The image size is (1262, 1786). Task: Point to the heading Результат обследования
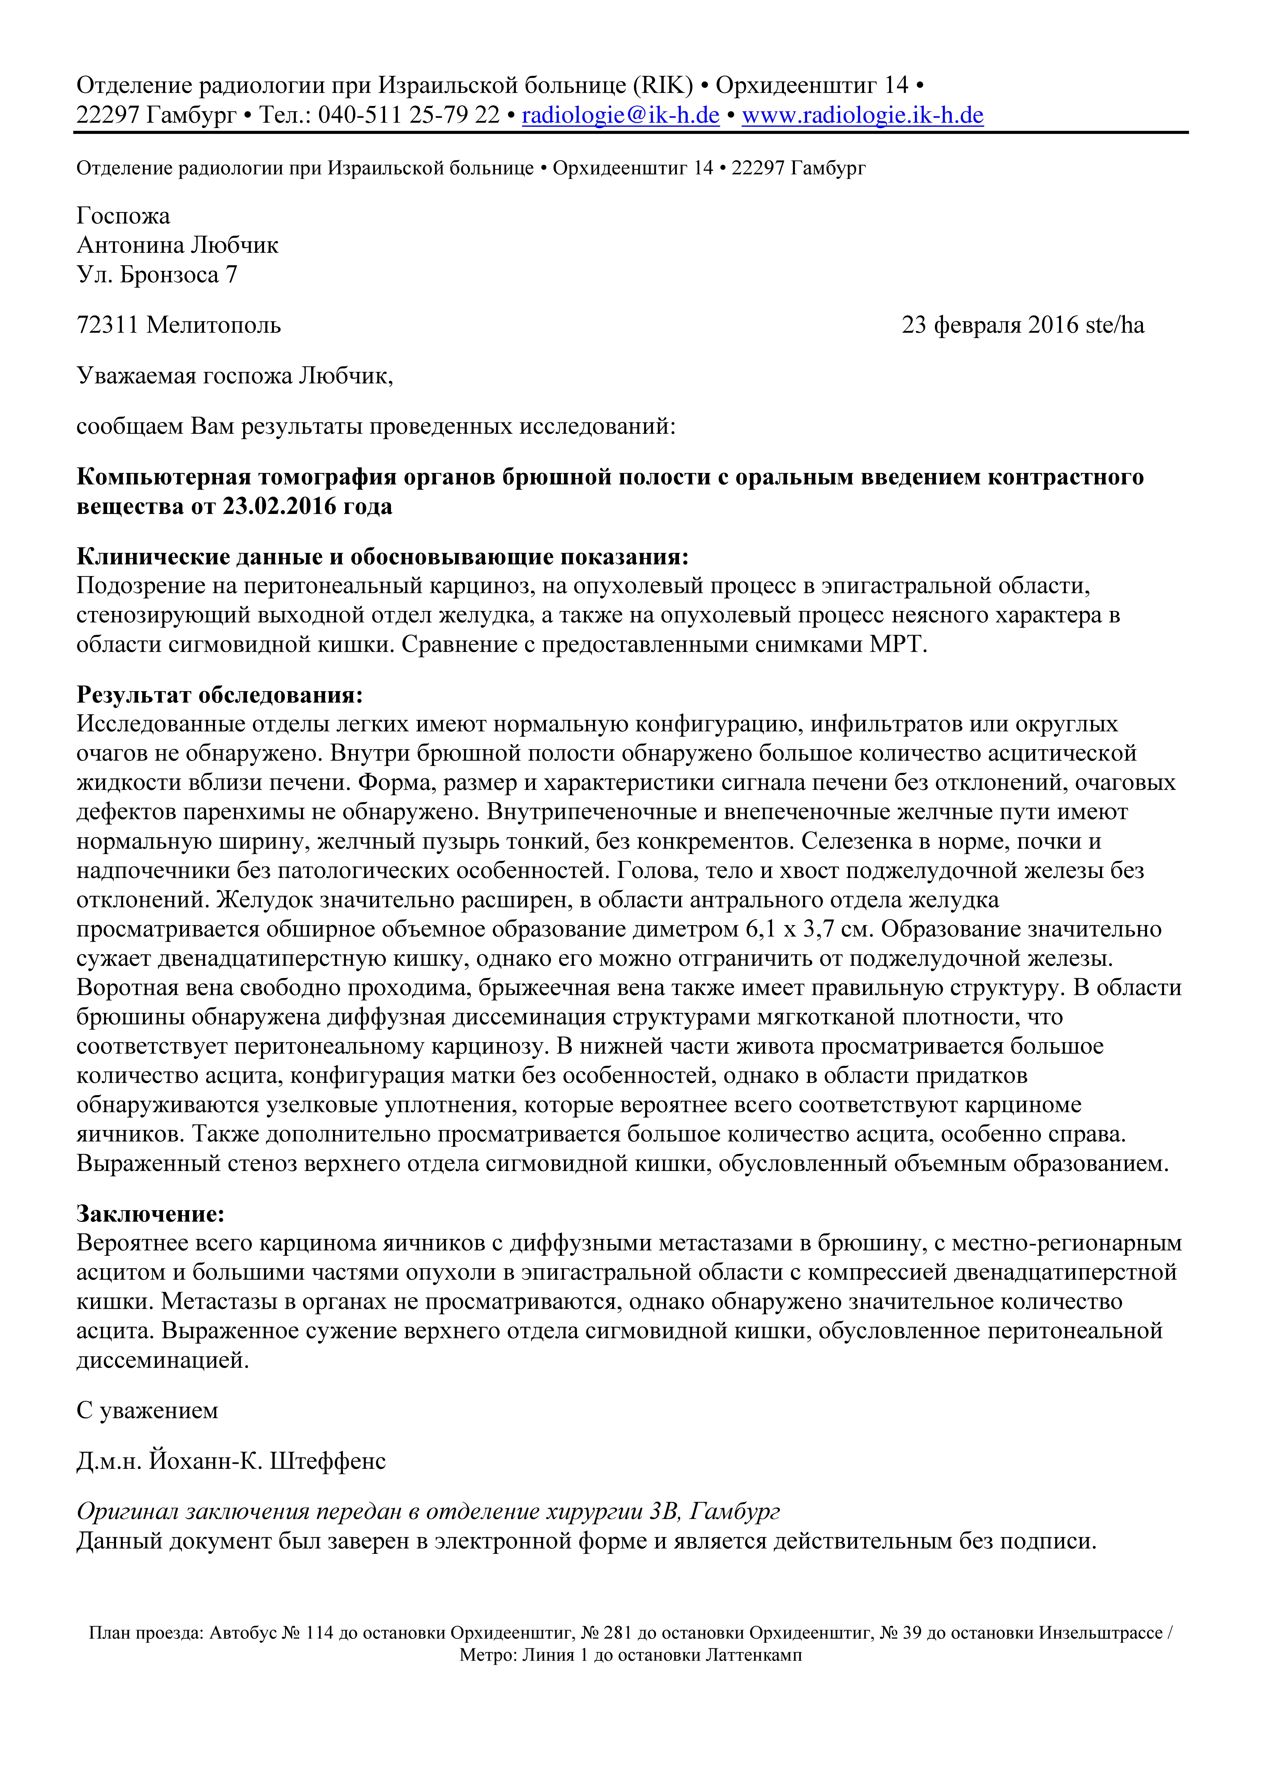point(220,695)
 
